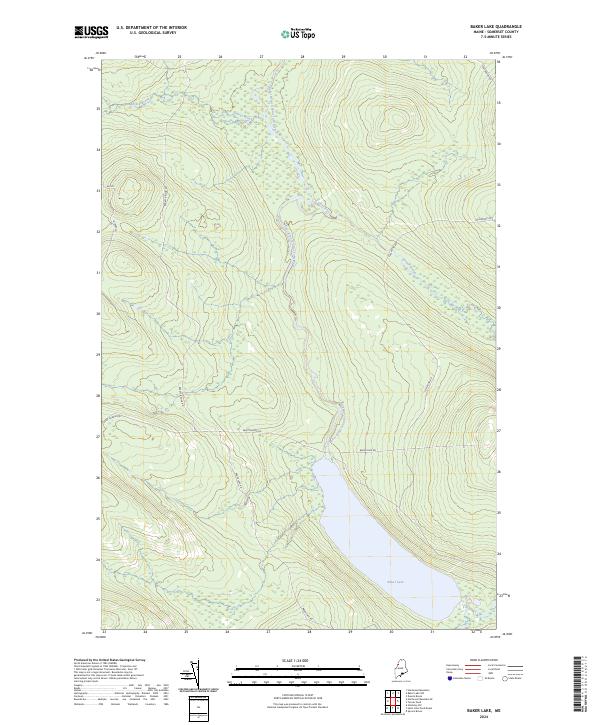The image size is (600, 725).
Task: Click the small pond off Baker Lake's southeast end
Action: [467, 598]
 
